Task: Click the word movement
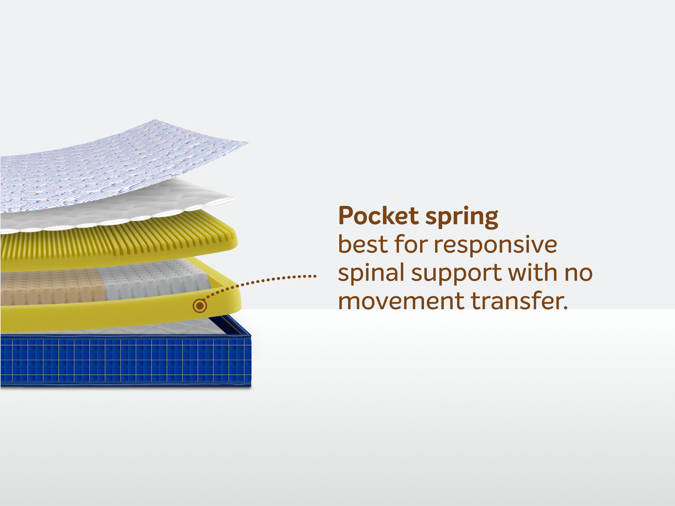[x=401, y=301]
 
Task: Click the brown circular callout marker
[x=200, y=306]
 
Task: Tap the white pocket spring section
[x=155, y=279]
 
